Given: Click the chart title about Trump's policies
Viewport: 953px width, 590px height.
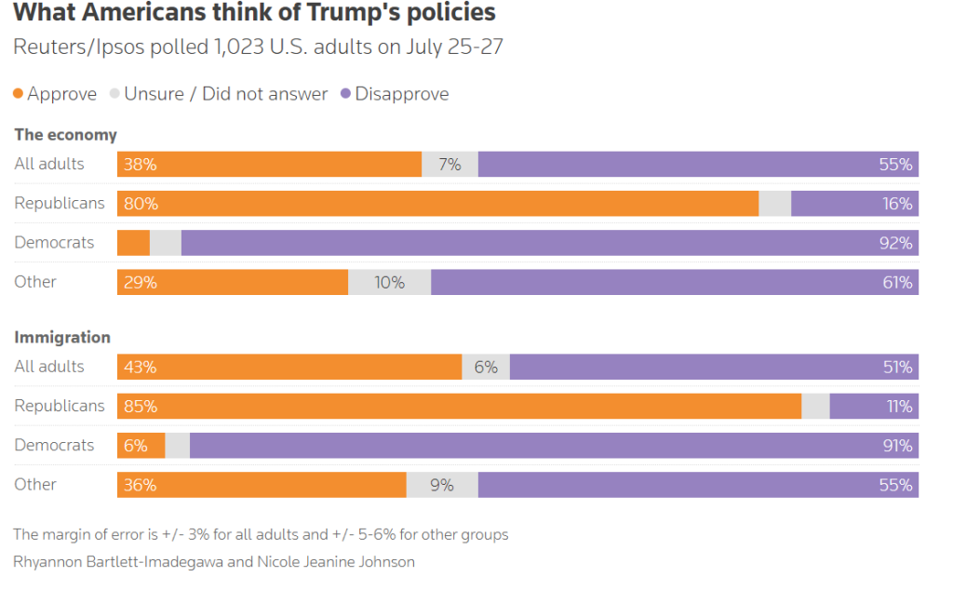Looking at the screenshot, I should click(254, 13).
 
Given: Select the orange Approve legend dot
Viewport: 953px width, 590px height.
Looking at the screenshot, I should click(19, 94).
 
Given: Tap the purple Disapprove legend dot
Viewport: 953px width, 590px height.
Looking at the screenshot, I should click(346, 94).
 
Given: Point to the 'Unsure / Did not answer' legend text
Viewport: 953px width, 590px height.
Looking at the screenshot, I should click(226, 94).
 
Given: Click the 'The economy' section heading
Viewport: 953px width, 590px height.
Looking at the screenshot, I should click(65, 135).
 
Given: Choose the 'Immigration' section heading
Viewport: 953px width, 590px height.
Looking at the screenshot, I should click(62, 338).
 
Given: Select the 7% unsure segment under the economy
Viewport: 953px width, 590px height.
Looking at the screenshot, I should click(450, 165).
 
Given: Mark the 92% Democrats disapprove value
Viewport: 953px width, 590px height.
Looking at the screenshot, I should click(895, 243).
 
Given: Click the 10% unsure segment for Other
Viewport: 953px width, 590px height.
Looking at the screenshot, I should click(389, 282).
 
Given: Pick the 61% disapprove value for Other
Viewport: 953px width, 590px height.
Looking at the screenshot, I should click(897, 282).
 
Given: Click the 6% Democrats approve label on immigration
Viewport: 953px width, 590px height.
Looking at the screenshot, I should click(136, 446).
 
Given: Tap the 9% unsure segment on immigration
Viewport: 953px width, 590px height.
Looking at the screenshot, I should click(442, 485).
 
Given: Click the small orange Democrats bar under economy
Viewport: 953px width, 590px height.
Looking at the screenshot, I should click(133, 243).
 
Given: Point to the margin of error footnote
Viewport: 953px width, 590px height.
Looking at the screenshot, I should click(261, 535).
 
